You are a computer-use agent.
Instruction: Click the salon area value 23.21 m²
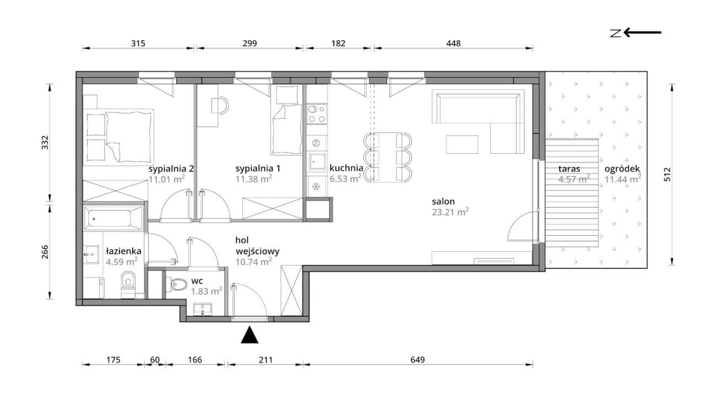tap(450, 212)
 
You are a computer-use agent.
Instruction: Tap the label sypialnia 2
tap(171, 169)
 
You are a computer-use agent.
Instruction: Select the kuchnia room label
tap(346, 168)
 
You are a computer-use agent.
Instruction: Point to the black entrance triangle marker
tap(250, 334)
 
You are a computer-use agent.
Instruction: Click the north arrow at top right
tap(642, 33)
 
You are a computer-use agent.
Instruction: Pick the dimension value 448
tap(453, 43)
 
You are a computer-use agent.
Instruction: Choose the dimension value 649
tap(417, 359)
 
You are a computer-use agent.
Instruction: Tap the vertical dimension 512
tap(667, 175)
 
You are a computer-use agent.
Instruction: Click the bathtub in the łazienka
tap(113, 218)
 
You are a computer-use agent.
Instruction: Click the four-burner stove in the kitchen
tap(317, 114)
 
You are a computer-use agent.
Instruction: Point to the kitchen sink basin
tap(317, 161)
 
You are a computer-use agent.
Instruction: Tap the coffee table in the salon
tap(462, 144)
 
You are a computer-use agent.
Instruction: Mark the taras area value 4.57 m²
tap(574, 179)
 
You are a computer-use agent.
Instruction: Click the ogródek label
tap(622, 169)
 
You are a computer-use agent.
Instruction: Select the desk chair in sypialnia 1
tap(220, 105)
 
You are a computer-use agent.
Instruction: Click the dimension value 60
tap(155, 359)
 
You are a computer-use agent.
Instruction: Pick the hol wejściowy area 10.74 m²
tap(254, 262)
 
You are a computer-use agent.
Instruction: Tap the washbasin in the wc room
tap(202, 309)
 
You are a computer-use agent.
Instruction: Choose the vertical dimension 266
tap(45, 252)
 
